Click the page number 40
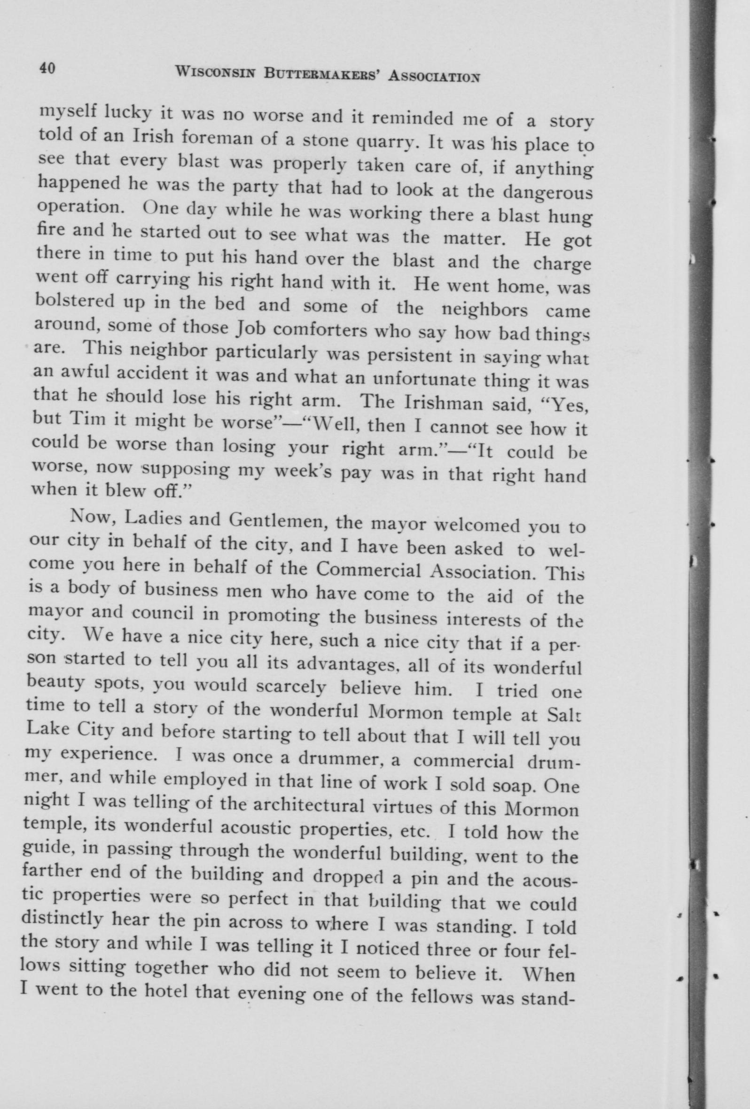tap(48, 68)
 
